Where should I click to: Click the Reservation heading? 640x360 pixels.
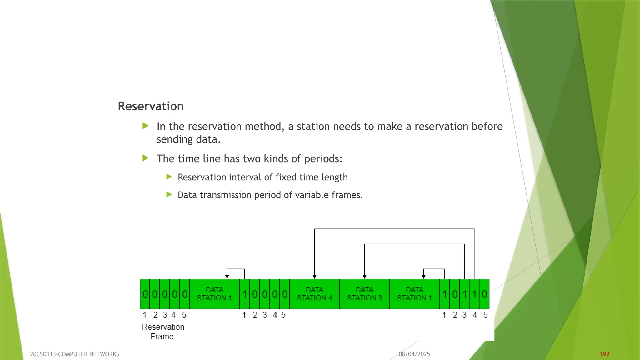point(151,106)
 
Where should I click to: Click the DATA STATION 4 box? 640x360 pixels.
point(314,294)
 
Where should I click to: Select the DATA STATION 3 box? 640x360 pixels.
point(364,294)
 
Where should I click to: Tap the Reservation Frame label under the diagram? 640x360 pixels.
point(163,332)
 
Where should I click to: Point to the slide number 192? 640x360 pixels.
point(604,354)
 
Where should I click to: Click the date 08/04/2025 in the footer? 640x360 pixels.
point(414,354)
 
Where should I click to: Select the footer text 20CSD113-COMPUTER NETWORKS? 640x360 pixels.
point(74,354)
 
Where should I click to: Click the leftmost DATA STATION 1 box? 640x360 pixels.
point(214,294)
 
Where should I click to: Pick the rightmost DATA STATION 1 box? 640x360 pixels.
point(414,294)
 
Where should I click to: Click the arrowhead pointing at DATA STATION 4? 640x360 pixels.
point(315,277)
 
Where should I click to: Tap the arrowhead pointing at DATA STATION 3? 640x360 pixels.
point(365,277)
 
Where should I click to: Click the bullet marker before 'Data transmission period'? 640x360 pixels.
point(169,195)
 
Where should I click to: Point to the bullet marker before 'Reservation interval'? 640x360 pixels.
point(169,177)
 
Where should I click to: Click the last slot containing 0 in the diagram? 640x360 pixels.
point(484,294)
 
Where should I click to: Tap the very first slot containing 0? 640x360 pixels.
point(145,294)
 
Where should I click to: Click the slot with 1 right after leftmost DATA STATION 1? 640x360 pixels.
point(245,294)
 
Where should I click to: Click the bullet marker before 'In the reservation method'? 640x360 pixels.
point(145,126)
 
